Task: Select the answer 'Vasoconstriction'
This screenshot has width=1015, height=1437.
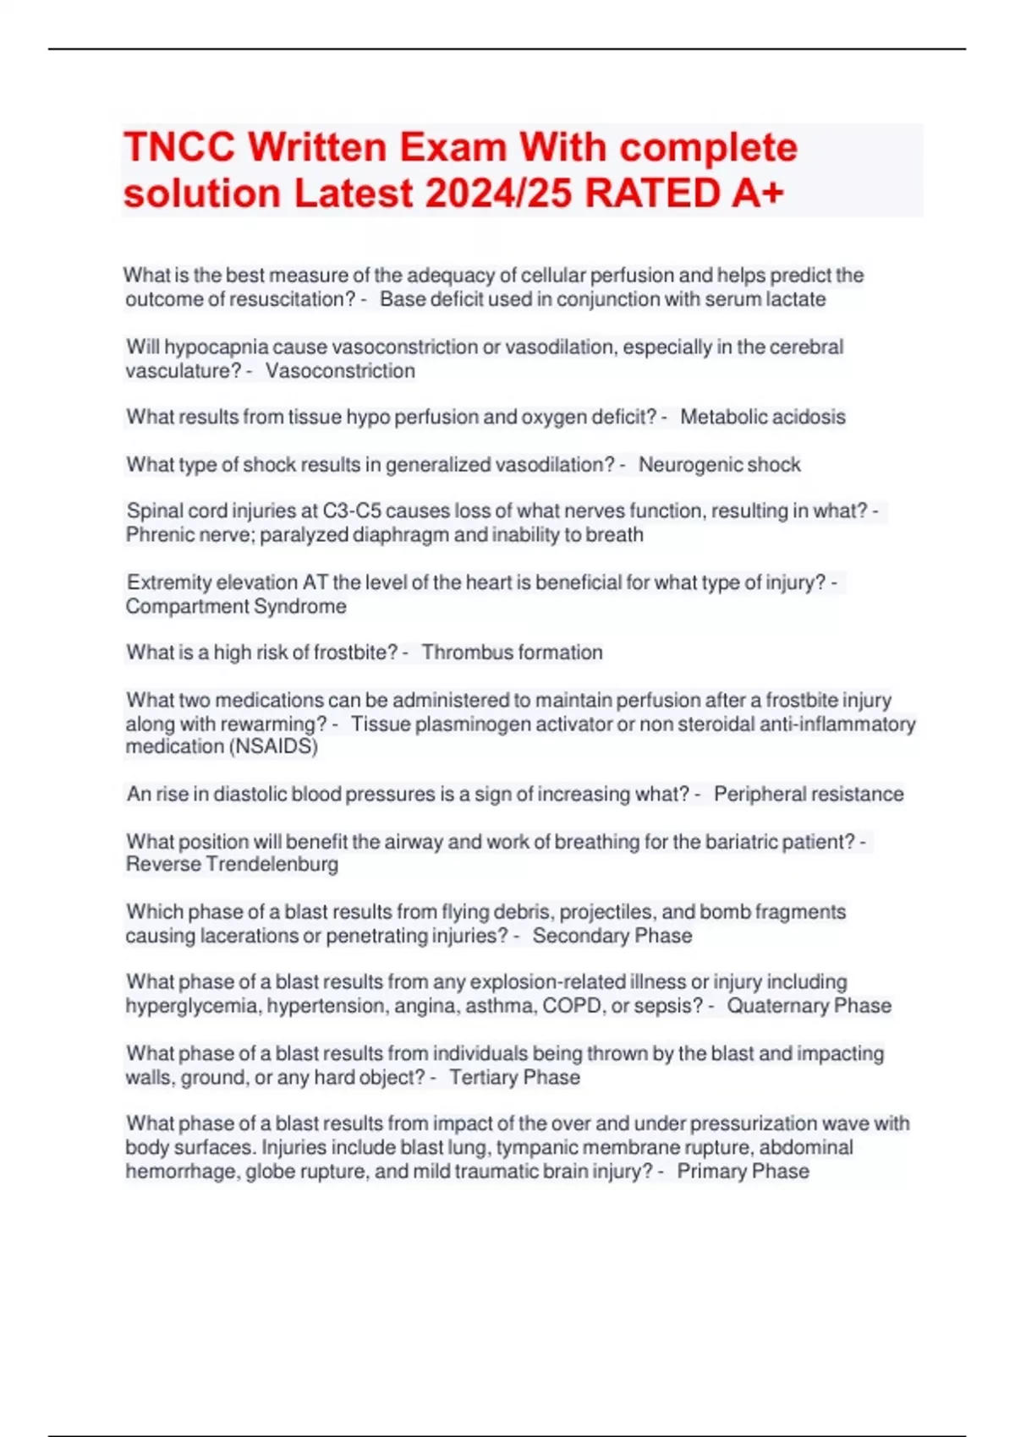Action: (x=340, y=371)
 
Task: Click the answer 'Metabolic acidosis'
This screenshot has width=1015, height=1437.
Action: (x=762, y=417)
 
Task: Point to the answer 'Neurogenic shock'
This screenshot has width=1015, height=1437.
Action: (x=719, y=465)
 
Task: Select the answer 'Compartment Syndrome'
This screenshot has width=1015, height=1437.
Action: (x=236, y=606)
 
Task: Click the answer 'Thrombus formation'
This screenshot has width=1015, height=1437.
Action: (x=512, y=653)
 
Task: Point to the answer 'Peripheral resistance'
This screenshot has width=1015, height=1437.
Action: (x=808, y=795)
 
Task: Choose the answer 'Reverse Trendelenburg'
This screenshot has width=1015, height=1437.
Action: (x=232, y=864)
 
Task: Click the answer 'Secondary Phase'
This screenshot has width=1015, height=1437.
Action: (x=612, y=936)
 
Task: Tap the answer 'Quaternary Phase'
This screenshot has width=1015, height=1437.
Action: (x=809, y=1006)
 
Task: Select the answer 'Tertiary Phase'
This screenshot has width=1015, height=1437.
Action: (x=514, y=1078)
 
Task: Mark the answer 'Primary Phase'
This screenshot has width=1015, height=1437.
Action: (x=743, y=1172)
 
